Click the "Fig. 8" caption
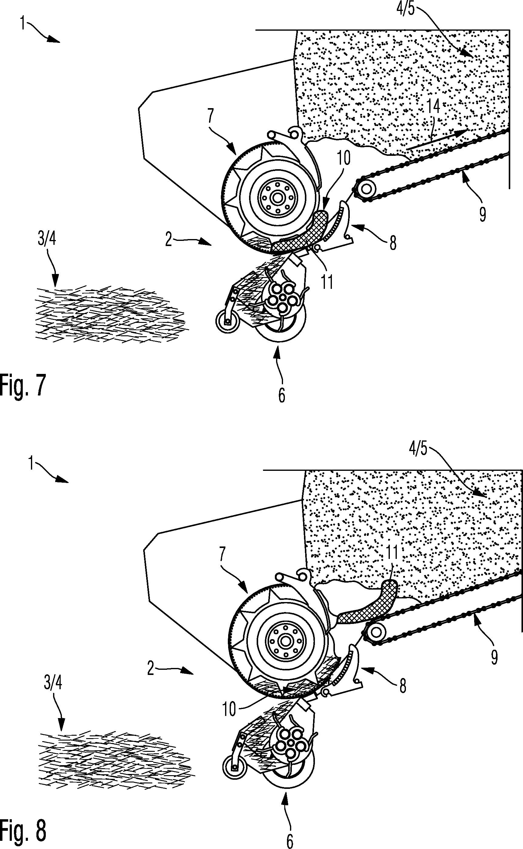click(x=23, y=831)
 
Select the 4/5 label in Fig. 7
click(x=405, y=8)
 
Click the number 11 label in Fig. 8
click(x=392, y=552)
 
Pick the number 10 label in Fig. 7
click(x=343, y=158)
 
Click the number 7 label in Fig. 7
click(x=211, y=116)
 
